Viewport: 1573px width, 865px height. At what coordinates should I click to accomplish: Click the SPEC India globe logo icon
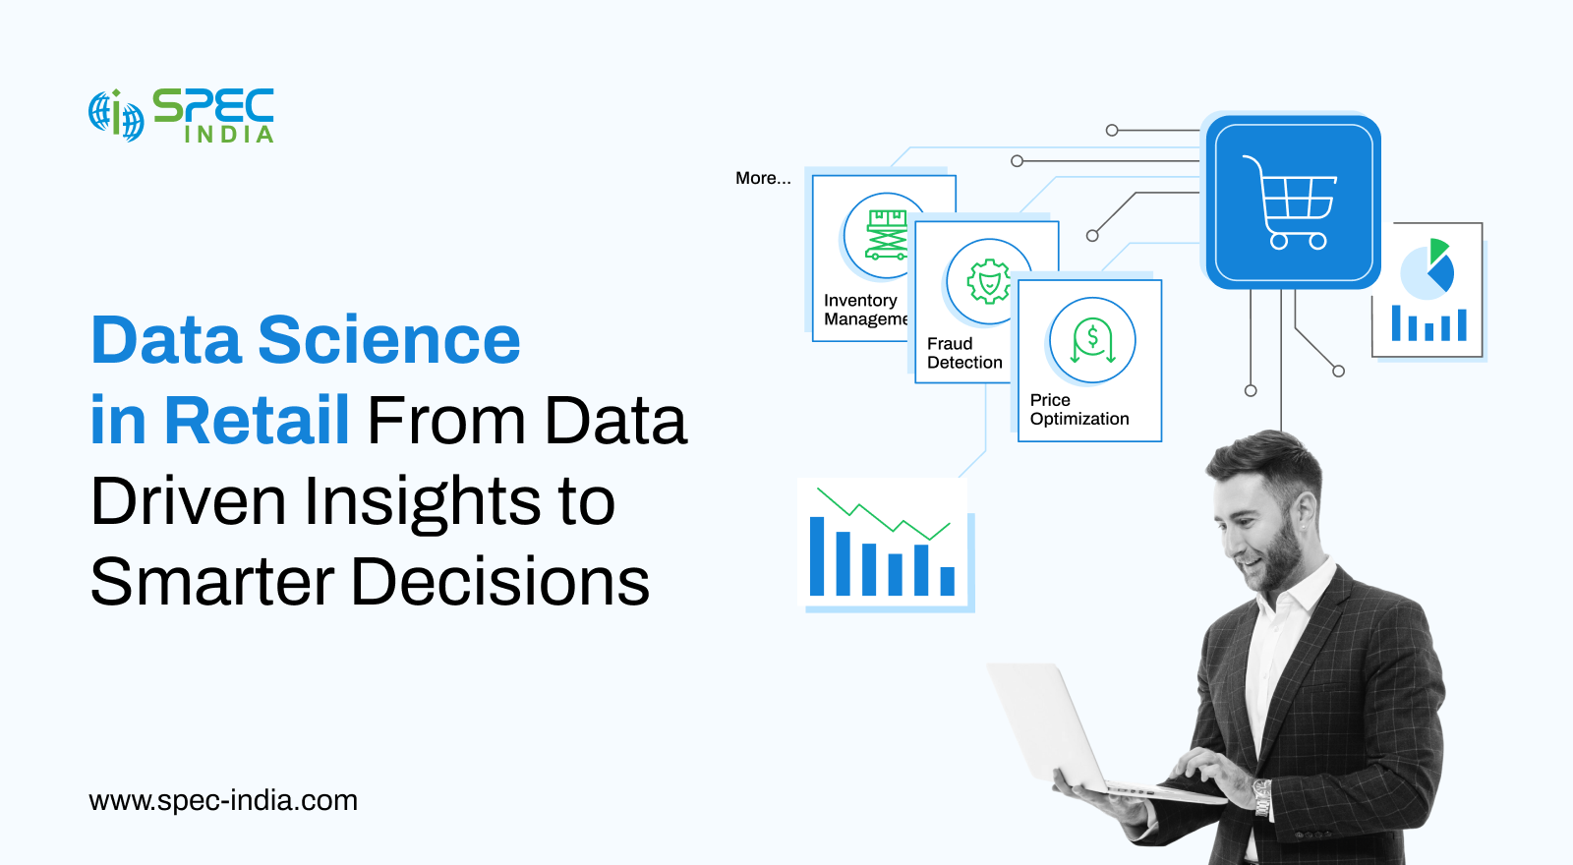tap(117, 115)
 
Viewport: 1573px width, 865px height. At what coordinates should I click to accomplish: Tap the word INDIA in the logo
tap(229, 134)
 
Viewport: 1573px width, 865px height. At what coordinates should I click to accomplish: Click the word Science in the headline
tap(389, 340)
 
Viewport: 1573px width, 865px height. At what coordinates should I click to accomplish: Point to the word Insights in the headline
tap(422, 502)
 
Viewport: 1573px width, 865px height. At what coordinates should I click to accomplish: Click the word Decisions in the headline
tap(500, 581)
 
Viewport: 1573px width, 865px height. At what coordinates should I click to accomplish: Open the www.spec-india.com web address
tap(223, 800)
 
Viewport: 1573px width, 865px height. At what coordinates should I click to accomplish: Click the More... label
tap(763, 178)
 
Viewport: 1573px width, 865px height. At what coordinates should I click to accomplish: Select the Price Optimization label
tap(1079, 409)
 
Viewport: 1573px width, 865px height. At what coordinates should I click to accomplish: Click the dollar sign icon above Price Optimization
tap(1092, 340)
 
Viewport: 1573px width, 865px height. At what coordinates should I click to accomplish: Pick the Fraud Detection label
tap(964, 353)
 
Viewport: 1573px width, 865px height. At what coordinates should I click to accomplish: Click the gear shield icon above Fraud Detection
tap(989, 281)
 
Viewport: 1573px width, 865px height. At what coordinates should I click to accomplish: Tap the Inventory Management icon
tap(886, 235)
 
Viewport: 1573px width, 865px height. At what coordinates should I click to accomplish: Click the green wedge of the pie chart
tap(1437, 251)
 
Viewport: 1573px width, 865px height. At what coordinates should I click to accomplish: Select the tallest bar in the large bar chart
tap(817, 556)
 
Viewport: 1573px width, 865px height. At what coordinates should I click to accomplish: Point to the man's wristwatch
tap(1262, 797)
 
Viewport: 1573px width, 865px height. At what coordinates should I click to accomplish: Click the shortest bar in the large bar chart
tap(948, 581)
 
